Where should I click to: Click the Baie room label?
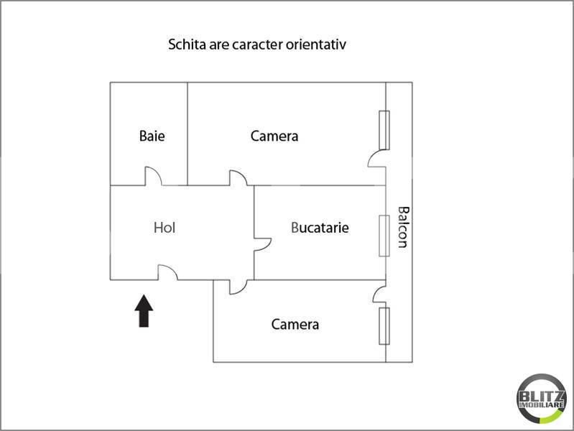pyautogui.click(x=152, y=136)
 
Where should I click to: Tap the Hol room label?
pyautogui.click(x=165, y=228)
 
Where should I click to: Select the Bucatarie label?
pyautogui.click(x=320, y=228)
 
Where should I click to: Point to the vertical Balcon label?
pyautogui.click(x=404, y=227)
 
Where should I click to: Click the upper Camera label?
pyautogui.click(x=274, y=136)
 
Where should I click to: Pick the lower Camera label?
pyautogui.click(x=295, y=324)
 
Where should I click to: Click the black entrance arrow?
pyautogui.click(x=144, y=310)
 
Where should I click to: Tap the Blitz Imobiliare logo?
pyautogui.click(x=541, y=399)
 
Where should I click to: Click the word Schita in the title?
pyautogui.click(x=188, y=45)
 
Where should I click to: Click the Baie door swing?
pyautogui.click(x=154, y=176)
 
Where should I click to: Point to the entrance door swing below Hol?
pyautogui.click(x=167, y=272)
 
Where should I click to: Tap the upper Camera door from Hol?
pyautogui.click(x=238, y=177)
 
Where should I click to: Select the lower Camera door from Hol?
pyautogui.click(x=239, y=287)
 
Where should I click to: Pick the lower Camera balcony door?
pyautogui.click(x=379, y=295)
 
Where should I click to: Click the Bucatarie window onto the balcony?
pyautogui.click(x=384, y=236)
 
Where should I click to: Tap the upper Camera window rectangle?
pyautogui.click(x=384, y=130)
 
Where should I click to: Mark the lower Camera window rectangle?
pyautogui.click(x=384, y=326)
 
